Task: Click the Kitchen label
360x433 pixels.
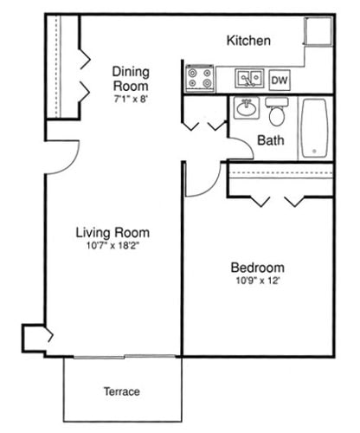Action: [x=248, y=41]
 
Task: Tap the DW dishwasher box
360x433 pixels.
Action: [x=280, y=81]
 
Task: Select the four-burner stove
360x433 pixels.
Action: [x=200, y=78]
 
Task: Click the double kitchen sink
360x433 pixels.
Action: [x=249, y=78]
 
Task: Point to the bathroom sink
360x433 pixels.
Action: [x=246, y=107]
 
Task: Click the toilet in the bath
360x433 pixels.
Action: [x=277, y=112]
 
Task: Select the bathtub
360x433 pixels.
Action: [x=314, y=128]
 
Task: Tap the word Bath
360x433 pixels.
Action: [x=271, y=140]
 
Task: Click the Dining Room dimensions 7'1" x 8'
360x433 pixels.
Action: [x=131, y=100]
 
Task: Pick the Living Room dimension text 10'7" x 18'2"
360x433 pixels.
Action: [x=112, y=246]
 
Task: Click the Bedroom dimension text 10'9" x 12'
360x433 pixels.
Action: [x=258, y=281]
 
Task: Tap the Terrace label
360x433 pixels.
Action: [x=122, y=391]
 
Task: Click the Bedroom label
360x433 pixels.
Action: [x=258, y=268]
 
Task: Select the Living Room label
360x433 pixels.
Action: [x=112, y=233]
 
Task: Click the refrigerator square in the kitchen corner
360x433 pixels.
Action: [x=318, y=31]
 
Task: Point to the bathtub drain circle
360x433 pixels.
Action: [x=314, y=151]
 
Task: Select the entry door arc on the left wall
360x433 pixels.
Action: [x=71, y=163]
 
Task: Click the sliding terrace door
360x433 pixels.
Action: [x=125, y=357]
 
